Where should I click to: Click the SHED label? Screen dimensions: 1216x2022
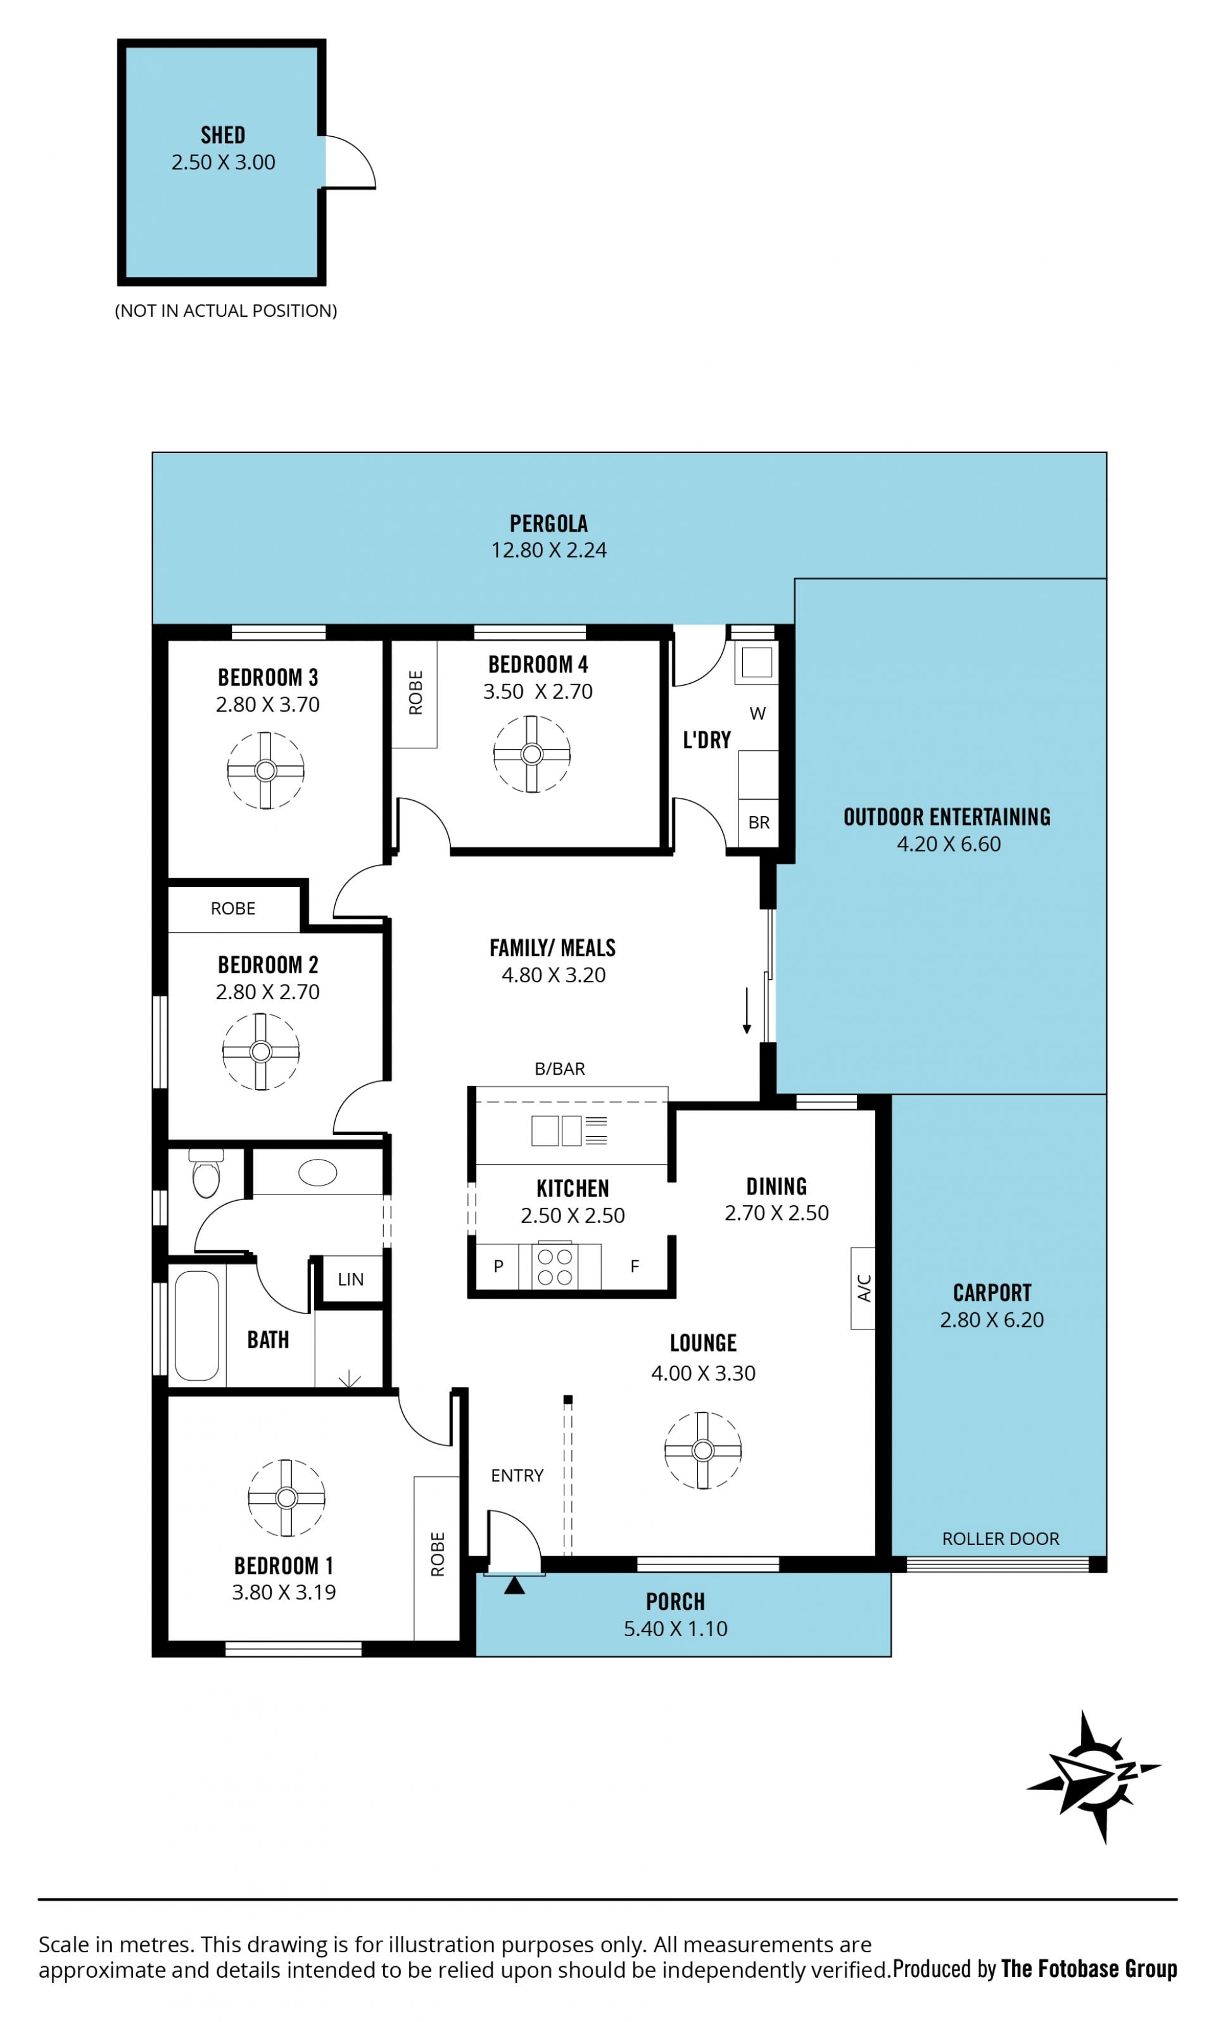click(223, 134)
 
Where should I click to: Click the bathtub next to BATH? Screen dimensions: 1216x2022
click(197, 1326)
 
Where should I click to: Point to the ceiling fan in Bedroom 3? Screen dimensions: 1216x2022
click(265, 771)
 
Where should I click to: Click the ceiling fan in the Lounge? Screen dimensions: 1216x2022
click(703, 1450)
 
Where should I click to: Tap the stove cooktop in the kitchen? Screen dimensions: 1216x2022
click(555, 1266)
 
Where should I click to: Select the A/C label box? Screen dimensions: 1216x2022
click(863, 1288)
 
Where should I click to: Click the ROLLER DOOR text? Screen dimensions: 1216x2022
click(1001, 1539)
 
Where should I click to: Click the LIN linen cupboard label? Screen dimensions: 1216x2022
click(351, 1279)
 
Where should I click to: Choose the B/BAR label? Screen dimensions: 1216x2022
click(560, 1069)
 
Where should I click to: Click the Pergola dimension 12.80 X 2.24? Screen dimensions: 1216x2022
click(549, 550)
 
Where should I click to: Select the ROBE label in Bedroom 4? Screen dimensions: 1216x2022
click(415, 693)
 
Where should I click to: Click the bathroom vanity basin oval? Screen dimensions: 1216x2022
click(318, 1173)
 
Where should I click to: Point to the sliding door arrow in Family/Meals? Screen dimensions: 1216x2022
click(747, 1011)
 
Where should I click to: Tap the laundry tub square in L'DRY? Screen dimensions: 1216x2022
click(757, 662)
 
